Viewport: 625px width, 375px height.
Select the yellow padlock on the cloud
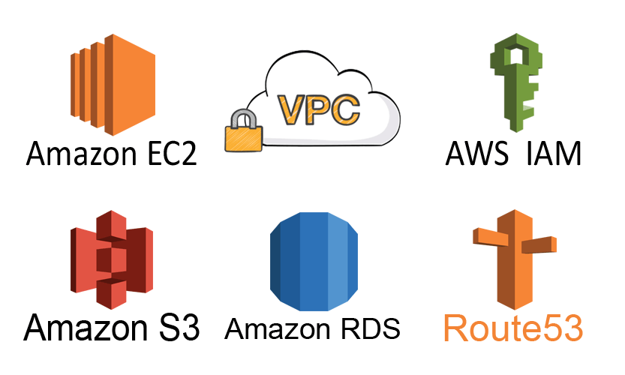click(x=242, y=134)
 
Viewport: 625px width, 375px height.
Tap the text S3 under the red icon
click(x=174, y=328)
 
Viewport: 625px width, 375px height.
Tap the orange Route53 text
click(x=513, y=328)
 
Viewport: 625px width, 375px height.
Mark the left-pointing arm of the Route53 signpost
click(x=488, y=236)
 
